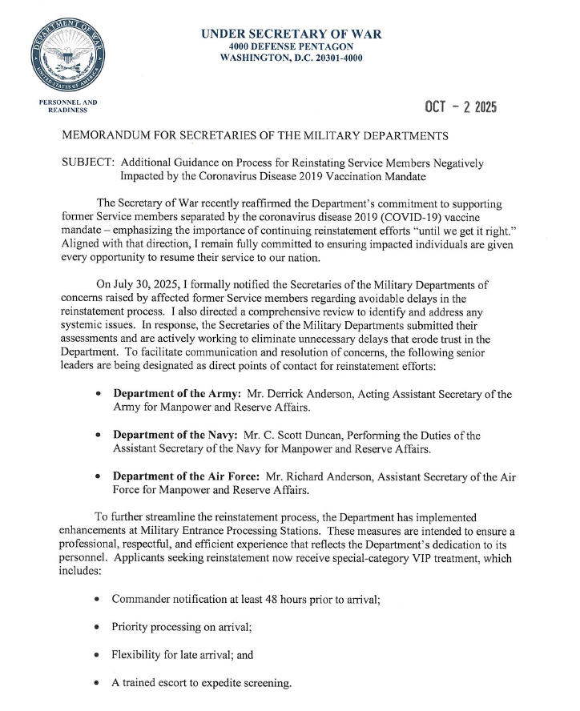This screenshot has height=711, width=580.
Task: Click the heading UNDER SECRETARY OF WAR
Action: coord(291,34)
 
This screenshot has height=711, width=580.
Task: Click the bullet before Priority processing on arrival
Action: coord(97,628)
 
